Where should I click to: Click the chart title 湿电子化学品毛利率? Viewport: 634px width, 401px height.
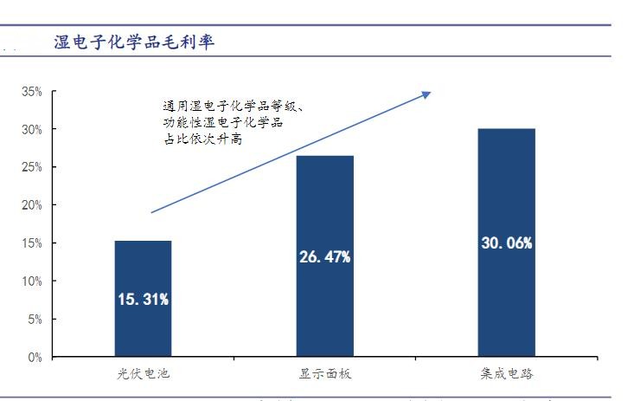[x=134, y=42]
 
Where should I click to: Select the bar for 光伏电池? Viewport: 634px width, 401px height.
[x=143, y=299]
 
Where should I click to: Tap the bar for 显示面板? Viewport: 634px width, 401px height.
[x=324, y=256]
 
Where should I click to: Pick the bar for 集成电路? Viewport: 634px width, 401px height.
[x=506, y=243]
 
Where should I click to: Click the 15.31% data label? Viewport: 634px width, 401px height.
[x=143, y=300]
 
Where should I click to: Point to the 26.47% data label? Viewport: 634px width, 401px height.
[x=324, y=257]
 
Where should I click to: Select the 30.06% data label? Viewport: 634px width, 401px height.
[x=506, y=243]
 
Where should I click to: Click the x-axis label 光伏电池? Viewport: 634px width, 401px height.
[x=143, y=374]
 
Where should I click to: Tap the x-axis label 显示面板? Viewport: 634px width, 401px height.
[x=324, y=374]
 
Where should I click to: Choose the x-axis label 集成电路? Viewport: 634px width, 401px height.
[x=506, y=374]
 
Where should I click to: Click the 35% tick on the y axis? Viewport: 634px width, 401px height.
[x=32, y=91]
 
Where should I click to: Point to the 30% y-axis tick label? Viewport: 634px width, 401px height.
[x=32, y=129]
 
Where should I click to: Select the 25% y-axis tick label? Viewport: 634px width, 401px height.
[x=32, y=167]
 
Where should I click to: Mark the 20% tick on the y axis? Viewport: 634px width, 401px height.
[x=32, y=205]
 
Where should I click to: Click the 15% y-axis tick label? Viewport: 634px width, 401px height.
[x=32, y=243]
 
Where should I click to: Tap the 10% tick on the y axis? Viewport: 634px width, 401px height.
[x=32, y=281]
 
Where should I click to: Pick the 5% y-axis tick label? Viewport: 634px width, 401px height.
[x=35, y=320]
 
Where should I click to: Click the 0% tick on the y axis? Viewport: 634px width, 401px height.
[x=35, y=357]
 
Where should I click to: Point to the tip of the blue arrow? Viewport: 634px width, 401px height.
[x=430, y=92]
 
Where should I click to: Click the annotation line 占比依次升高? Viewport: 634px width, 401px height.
[x=202, y=138]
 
